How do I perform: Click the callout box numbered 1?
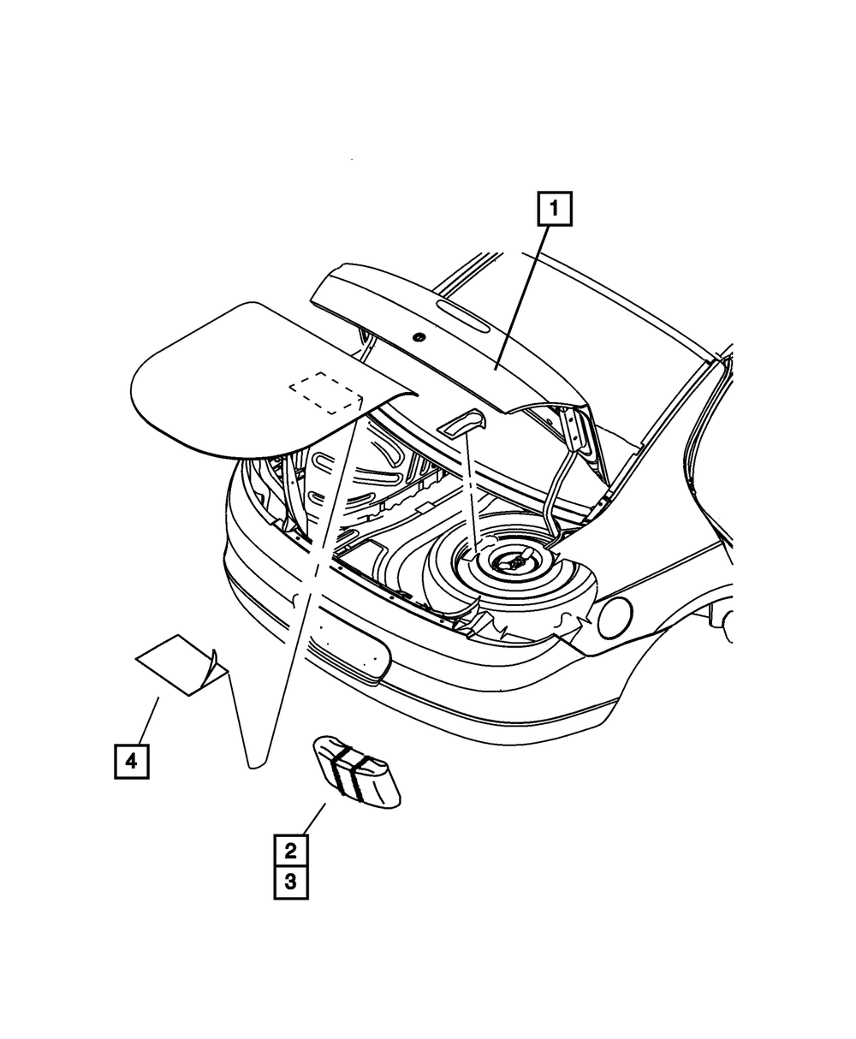tap(554, 209)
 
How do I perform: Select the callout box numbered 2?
tap(290, 851)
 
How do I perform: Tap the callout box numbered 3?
tap(290, 882)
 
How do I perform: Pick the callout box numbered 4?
tap(131, 760)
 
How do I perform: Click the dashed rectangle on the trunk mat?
tap(326, 393)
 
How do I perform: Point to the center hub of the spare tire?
tap(513, 562)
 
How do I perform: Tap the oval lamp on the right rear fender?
tap(614, 617)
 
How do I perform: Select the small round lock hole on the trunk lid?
tap(419, 336)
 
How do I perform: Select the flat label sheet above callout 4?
tap(175, 663)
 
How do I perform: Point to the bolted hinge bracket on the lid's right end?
tap(574, 427)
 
